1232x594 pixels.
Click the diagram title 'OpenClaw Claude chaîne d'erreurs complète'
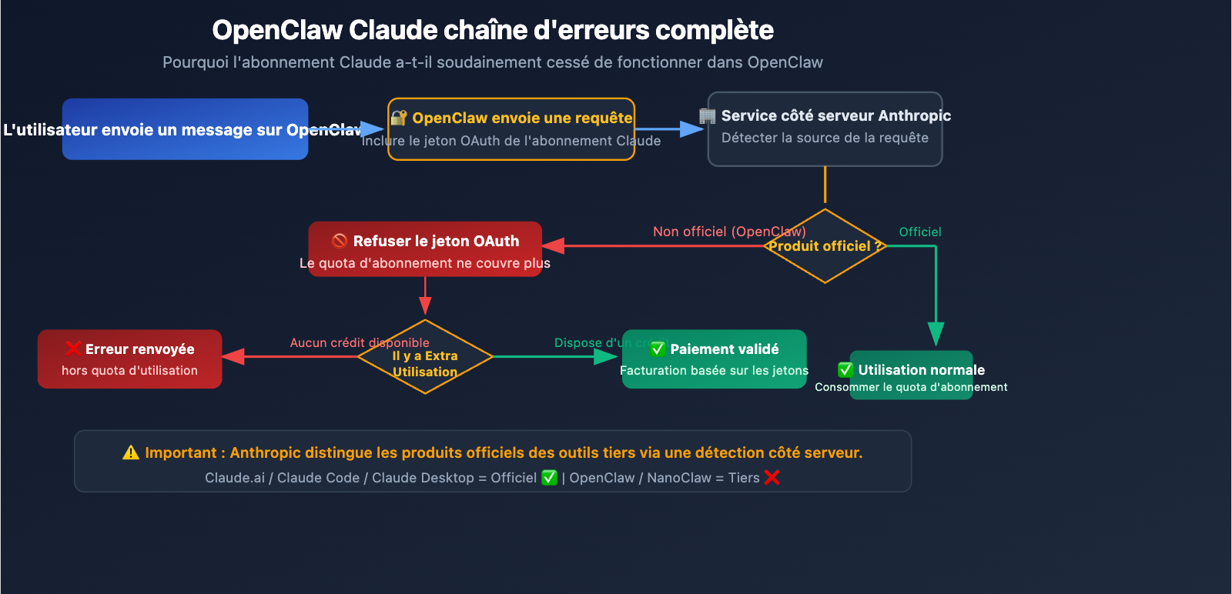[x=493, y=30]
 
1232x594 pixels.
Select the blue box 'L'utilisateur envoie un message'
[x=185, y=129]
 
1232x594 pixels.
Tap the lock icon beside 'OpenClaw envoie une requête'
[x=398, y=118]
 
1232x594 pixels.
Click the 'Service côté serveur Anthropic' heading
[x=835, y=115]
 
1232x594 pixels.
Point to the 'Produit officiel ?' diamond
[x=825, y=246]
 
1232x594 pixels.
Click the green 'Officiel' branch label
[x=919, y=232]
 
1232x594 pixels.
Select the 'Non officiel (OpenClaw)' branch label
[x=728, y=232]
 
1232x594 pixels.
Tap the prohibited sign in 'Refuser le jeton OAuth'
[x=340, y=241]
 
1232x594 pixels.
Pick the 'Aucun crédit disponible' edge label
[x=359, y=342]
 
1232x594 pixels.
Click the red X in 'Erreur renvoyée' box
[x=74, y=349]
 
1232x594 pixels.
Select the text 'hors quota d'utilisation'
[x=129, y=370]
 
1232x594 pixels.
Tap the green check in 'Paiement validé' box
[x=658, y=349]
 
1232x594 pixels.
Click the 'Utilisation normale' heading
[x=921, y=370]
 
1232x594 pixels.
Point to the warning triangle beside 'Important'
[x=131, y=452]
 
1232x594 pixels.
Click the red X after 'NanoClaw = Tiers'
[x=772, y=477]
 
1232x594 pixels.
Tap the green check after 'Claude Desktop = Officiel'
[x=549, y=477]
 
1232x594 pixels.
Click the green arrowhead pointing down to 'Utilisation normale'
[x=936, y=334]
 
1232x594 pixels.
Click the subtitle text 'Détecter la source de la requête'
[x=825, y=138]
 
